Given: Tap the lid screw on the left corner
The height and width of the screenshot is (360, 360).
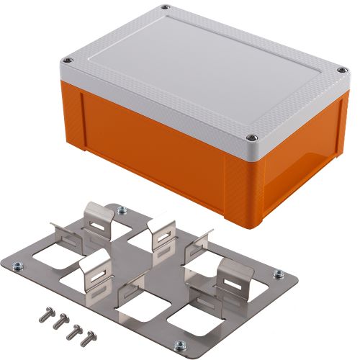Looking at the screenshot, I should click(x=68, y=60).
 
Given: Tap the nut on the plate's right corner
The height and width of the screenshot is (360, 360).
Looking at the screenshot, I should click(x=274, y=274).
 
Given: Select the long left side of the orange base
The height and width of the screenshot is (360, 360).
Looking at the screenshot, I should click(x=151, y=144).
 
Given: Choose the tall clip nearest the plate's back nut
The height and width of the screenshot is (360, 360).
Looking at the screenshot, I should click(x=102, y=215).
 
